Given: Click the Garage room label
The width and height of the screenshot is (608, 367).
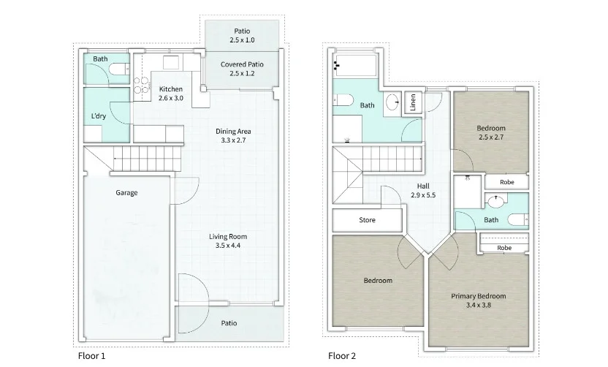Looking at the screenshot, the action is click(x=126, y=192).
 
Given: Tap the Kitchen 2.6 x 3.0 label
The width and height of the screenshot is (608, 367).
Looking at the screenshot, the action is click(x=170, y=94).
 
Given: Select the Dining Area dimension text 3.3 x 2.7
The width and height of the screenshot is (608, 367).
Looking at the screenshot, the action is click(x=233, y=140).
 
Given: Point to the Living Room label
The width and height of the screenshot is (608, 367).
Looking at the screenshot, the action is click(x=228, y=236).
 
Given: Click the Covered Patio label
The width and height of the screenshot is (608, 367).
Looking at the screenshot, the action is click(x=242, y=64).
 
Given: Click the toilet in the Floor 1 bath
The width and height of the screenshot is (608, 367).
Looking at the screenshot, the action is click(x=118, y=69).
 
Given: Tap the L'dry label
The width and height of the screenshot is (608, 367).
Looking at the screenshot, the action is click(x=98, y=116).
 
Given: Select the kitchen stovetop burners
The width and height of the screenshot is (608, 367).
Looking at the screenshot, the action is click(x=142, y=85).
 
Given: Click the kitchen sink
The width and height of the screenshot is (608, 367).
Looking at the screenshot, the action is click(x=170, y=62).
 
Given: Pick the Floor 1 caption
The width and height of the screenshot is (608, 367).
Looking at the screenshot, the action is click(x=91, y=356).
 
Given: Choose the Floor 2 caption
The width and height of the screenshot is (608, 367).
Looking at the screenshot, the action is click(x=341, y=356).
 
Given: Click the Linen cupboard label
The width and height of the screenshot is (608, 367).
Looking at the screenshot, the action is click(x=413, y=102).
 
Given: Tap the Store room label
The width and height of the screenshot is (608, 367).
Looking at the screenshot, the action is click(x=367, y=220).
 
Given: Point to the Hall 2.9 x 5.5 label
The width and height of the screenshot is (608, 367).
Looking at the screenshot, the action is click(x=423, y=191).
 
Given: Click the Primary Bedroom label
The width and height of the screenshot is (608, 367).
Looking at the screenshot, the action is click(x=478, y=296).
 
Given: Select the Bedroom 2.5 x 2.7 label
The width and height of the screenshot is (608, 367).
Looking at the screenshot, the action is click(x=491, y=132).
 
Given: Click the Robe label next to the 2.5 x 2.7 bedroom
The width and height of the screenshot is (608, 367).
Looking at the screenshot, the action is click(x=507, y=182).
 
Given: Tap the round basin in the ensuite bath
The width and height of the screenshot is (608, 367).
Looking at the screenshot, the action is click(x=496, y=201).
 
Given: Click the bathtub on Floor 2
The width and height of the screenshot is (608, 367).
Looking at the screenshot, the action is click(x=356, y=65).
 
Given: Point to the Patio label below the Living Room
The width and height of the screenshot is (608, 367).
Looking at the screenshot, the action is click(x=229, y=323).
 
